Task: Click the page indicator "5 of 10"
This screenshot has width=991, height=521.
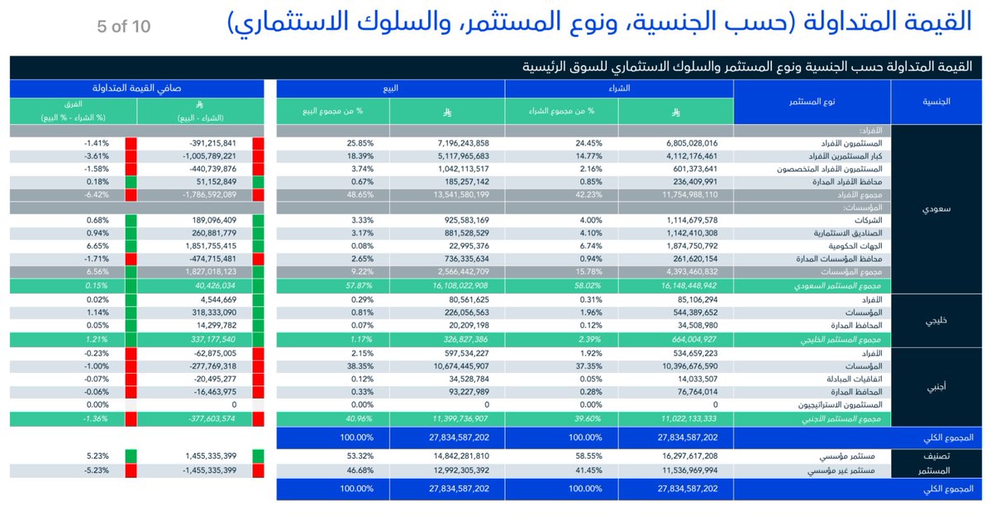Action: coord(123,26)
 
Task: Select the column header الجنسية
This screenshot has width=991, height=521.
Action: coord(936,101)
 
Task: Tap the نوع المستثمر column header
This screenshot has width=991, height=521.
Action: coord(812,101)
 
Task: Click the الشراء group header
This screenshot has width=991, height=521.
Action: coord(618,88)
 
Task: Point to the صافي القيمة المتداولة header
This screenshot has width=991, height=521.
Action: coord(136,88)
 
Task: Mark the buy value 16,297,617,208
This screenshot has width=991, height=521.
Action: coord(688,456)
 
